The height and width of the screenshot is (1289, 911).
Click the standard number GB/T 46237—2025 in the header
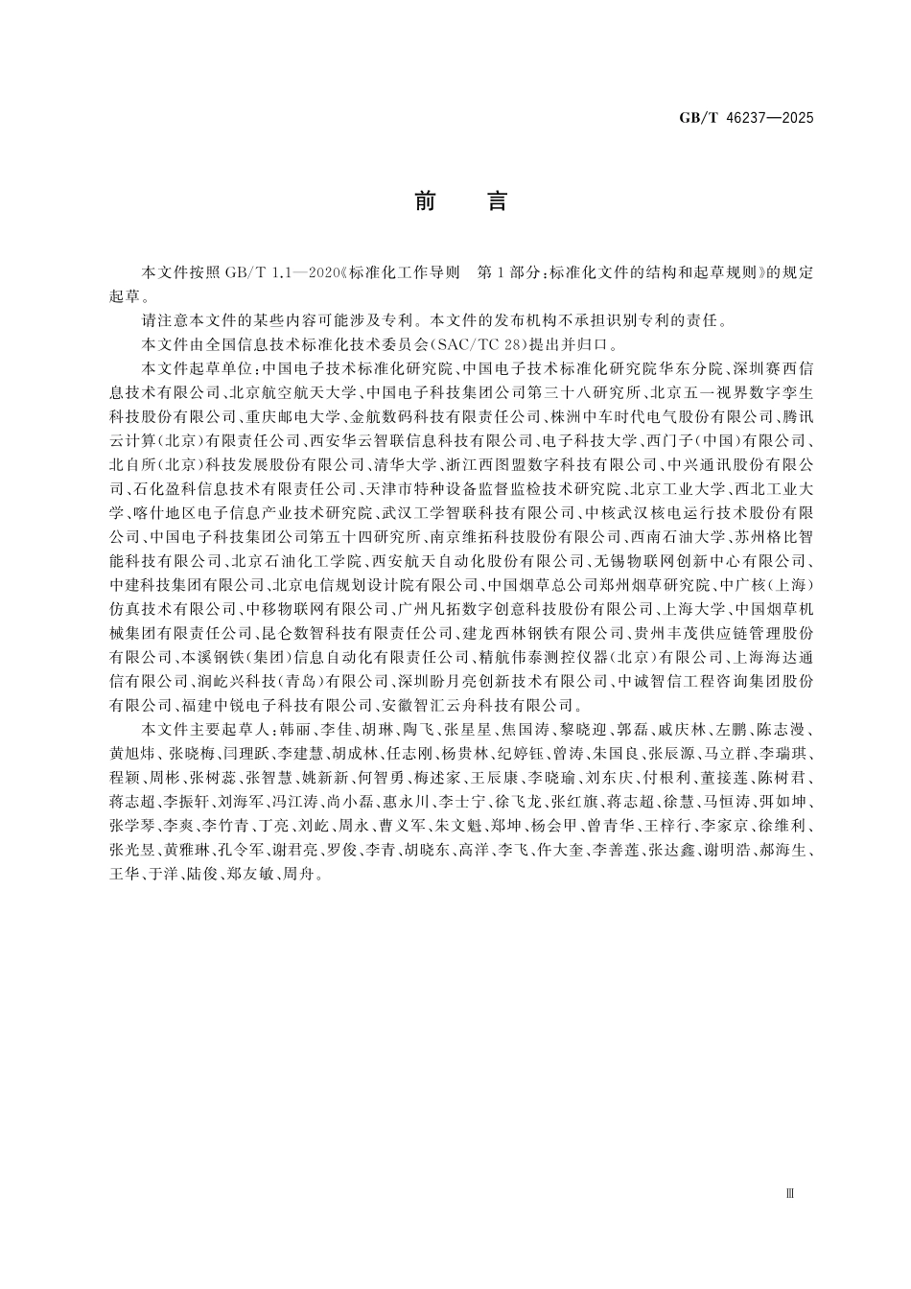(746, 118)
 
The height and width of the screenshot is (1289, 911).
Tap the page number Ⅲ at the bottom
(790, 1194)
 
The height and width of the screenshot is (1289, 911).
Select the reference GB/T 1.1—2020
(284, 272)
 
